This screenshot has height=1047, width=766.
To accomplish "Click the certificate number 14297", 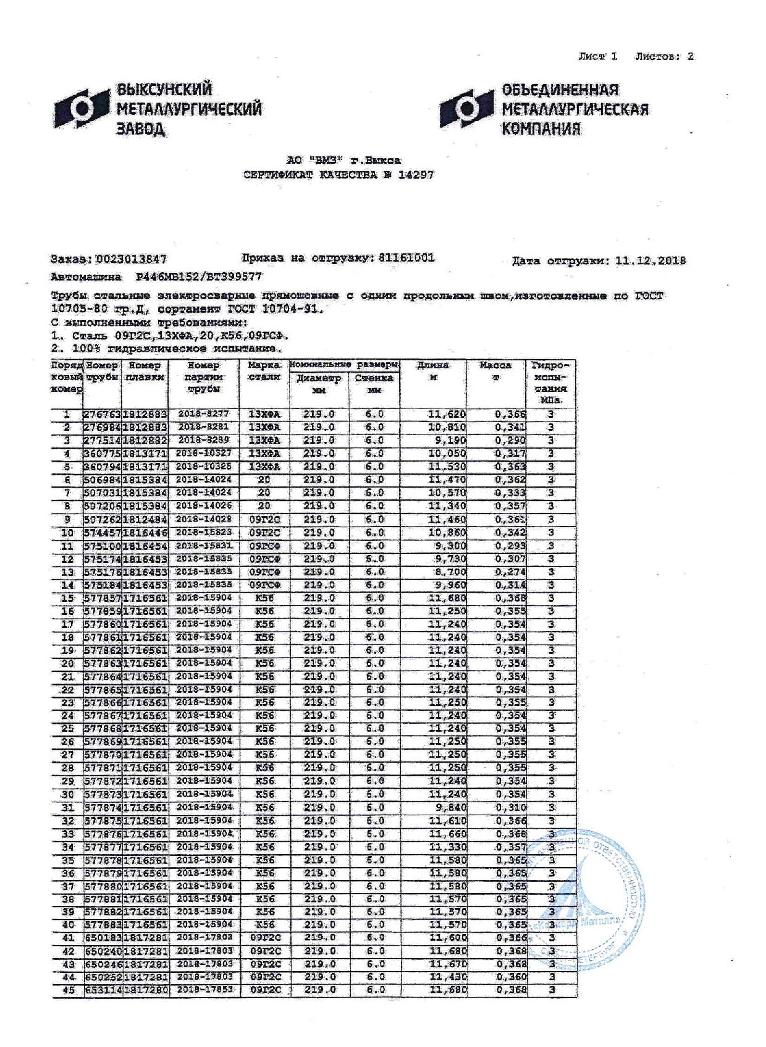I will coord(416,175).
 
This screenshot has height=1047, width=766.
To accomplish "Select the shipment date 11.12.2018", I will coord(650,261).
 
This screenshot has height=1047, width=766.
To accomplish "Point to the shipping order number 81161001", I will coord(406,258).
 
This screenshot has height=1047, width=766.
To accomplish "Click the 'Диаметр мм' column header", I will coord(318,384).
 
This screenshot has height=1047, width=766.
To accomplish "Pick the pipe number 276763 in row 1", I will coord(103,415).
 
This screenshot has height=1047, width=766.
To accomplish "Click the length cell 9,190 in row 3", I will coord(447,441).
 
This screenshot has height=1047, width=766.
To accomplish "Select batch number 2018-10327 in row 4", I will coord(203,454).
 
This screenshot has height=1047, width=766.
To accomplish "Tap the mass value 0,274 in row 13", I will coord(510,572).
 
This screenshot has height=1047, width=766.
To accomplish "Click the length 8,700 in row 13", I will coord(450,572).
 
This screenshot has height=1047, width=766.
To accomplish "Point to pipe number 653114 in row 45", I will coord(103,990).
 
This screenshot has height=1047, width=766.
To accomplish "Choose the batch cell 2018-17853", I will coord(203,990).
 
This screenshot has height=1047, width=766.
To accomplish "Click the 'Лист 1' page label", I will coord(597,56).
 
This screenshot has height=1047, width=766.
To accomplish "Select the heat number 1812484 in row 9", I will coord(145,519).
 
